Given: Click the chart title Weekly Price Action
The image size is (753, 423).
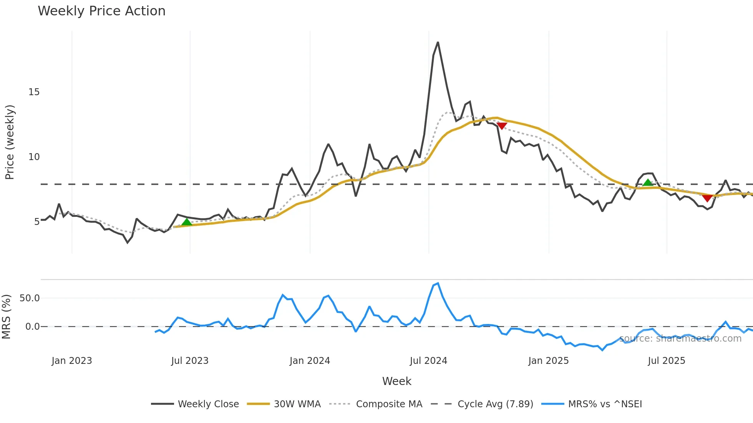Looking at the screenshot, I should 101,11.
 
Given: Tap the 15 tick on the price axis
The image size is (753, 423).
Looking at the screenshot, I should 34,92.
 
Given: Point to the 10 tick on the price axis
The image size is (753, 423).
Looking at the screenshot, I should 34,157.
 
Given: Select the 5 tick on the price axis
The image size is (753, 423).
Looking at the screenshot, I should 36,222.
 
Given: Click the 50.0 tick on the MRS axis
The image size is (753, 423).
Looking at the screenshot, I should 30,298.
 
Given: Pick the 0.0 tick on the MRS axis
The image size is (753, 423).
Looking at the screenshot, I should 32,327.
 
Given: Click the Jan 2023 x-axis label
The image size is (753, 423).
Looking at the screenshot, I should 72,361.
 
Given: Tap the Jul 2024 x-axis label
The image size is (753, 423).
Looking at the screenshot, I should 428,361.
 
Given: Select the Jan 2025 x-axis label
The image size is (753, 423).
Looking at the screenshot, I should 548,361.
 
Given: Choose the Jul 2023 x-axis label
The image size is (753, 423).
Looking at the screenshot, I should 190,361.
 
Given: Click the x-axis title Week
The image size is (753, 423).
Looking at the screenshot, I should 396,381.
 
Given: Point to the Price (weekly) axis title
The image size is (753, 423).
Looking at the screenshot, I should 10,142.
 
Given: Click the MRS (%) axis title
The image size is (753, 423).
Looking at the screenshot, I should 6,317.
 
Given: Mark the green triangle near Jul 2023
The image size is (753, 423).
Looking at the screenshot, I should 187,222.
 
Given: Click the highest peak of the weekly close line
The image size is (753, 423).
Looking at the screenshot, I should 438,43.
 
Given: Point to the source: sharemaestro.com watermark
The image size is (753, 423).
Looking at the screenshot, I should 680,339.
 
